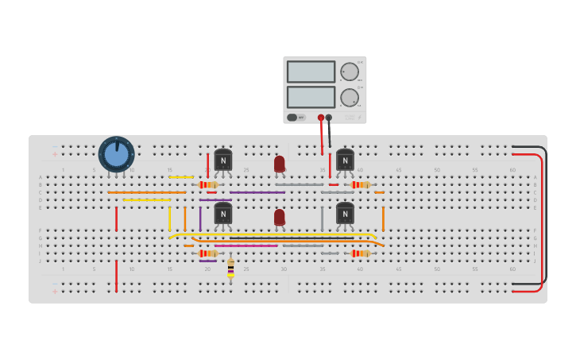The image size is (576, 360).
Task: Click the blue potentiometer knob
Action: point(116,154)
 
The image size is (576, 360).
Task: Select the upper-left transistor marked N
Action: point(223,161)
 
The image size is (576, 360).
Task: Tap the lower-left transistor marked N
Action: point(223,214)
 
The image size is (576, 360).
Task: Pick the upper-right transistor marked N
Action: point(345,161)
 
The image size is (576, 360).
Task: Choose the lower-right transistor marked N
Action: point(345,214)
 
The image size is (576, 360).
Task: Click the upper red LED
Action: point(280,164)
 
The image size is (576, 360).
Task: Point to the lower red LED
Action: point(280,217)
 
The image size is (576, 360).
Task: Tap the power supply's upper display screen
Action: point(311,72)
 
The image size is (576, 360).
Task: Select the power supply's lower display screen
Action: point(311,97)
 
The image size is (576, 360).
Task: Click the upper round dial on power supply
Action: point(350,72)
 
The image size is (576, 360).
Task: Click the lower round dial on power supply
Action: point(350,98)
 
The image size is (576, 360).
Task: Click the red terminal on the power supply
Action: point(321,118)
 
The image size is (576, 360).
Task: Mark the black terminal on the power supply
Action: point(329,118)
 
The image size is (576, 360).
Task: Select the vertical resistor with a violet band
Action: point(230,268)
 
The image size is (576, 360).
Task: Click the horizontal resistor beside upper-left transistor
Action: point(208,184)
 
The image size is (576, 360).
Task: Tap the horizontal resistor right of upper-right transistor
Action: point(361,184)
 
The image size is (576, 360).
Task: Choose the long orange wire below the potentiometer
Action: point(147,192)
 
